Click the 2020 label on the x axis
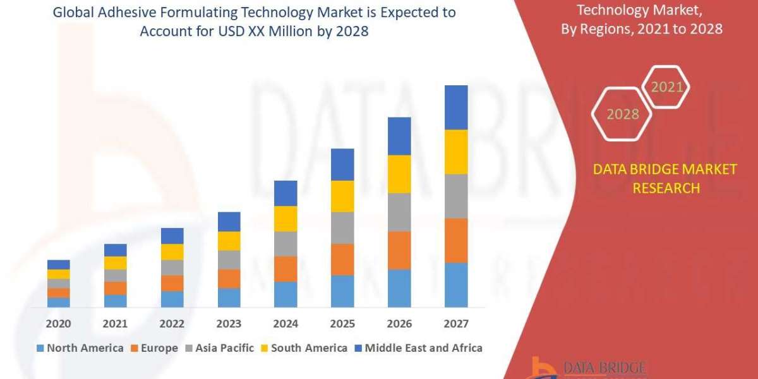pyautogui.click(x=58, y=324)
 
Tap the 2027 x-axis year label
pyautogui.click(x=456, y=324)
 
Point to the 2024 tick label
pyautogui.click(x=286, y=324)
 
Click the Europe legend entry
pyautogui.click(x=154, y=348)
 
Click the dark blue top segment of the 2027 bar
pyautogui.click(x=456, y=107)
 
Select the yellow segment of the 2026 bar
pyautogui.click(x=399, y=174)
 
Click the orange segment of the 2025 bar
pyautogui.click(x=342, y=259)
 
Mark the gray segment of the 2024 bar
pyautogui.click(x=286, y=243)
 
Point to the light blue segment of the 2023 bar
pyautogui.click(x=229, y=298)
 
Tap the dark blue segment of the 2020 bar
pyautogui.click(x=58, y=264)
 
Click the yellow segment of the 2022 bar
pyautogui.click(x=172, y=251)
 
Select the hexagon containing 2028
pyautogui.click(x=622, y=114)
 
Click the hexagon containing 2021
pyautogui.click(x=666, y=87)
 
